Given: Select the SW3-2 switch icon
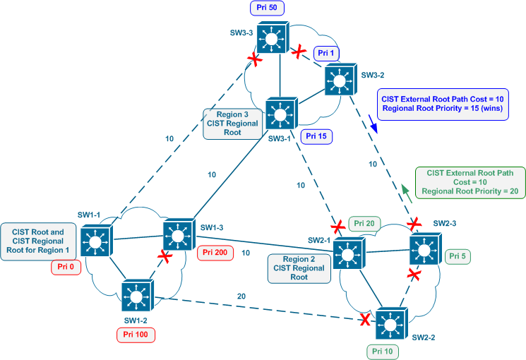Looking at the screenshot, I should pos(341,80).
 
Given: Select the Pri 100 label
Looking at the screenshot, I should pos(135,336).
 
